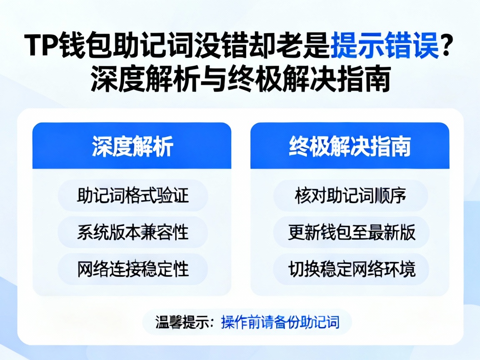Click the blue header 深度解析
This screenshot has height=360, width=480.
132,146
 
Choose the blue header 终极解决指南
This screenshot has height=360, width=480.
350,146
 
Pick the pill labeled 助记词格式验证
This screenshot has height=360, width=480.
132,195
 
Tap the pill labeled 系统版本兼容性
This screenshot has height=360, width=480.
132,232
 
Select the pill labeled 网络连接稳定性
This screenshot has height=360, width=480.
132,269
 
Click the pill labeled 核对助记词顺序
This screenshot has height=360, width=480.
350,195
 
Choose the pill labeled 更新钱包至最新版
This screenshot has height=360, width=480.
350,232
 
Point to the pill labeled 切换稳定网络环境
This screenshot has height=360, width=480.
350,269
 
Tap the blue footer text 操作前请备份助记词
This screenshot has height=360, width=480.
280,322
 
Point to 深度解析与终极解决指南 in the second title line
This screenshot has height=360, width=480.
240,79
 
